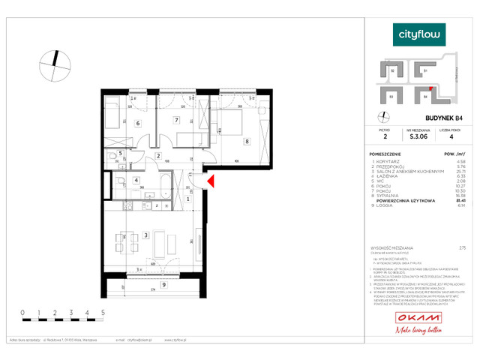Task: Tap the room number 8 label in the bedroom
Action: tap(246, 140)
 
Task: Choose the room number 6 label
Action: tap(137, 124)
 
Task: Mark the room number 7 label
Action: tap(176, 120)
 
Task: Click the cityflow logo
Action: tap(420, 34)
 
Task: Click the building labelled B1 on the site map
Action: tap(425, 72)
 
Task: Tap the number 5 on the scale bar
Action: tap(102, 311)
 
